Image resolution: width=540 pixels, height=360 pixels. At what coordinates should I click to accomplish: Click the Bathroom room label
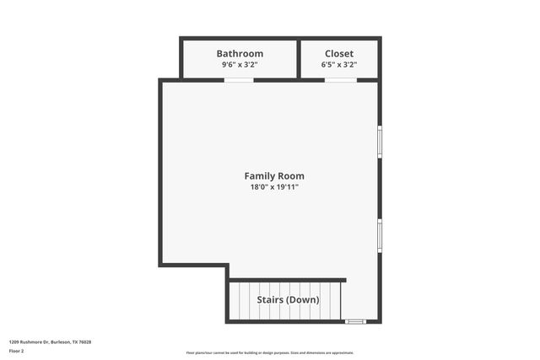pyautogui.click(x=240, y=53)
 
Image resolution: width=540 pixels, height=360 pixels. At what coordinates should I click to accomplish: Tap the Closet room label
pyautogui.click(x=339, y=53)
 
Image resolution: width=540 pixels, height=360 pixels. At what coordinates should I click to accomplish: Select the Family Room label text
pyautogui.click(x=274, y=176)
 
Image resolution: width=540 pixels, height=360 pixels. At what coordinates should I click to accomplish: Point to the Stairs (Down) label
pyautogui.click(x=289, y=299)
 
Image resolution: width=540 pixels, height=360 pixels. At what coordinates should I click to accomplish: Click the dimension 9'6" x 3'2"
pyautogui.click(x=240, y=65)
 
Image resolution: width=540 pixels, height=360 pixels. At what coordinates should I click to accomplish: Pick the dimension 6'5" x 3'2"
pyautogui.click(x=339, y=65)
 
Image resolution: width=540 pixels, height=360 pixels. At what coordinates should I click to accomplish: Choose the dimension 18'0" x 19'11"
pyautogui.click(x=274, y=187)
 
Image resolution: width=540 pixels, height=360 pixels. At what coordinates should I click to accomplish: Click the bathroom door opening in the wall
pyautogui.click(x=239, y=80)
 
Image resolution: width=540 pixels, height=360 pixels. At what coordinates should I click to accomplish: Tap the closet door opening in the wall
pyautogui.click(x=339, y=80)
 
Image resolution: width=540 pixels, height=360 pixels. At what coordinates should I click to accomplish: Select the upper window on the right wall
pyautogui.click(x=380, y=142)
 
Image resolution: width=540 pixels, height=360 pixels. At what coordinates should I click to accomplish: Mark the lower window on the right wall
pyautogui.click(x=380, y=235)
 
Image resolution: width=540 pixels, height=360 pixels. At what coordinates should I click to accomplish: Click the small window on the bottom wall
pyautogui.click(x=355, y=321)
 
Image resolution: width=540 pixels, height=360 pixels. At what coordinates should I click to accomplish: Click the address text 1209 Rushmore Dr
pyautogui.click(x=30, y=341)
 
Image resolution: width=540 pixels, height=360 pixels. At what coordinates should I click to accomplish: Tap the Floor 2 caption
pyautogui.click(x=17, y=351)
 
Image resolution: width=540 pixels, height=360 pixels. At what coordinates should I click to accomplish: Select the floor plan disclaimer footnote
pyautogui.click(x=270, y=352)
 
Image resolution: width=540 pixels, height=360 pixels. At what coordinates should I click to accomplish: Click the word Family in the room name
pyautogui.click(x=260, y=176)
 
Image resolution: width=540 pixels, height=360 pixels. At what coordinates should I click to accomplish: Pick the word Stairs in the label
pyautogui.click(x=273, y=299)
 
